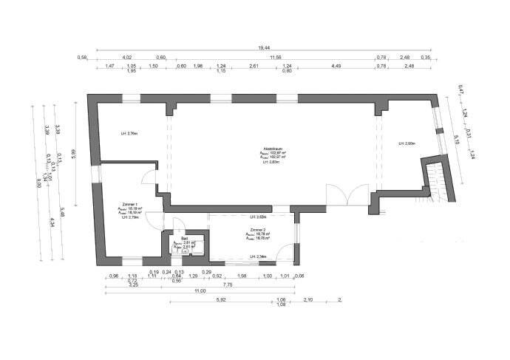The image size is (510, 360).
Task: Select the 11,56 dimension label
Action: (x=276, y=57)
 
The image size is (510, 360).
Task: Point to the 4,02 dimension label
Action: (x=126, y=57)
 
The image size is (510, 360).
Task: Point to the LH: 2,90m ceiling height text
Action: (x=407, y=143)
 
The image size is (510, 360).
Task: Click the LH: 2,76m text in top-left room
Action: (x=129, y=134)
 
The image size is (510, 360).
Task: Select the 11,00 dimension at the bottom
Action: (x=200, y=292)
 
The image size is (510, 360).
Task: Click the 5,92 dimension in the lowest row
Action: (x=220, y=300)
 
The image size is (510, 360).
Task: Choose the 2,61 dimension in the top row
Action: (x=253, y=67)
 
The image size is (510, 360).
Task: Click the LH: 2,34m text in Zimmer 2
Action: (x=258, y=256)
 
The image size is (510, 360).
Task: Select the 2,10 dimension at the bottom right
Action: (x=309, y=300)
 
